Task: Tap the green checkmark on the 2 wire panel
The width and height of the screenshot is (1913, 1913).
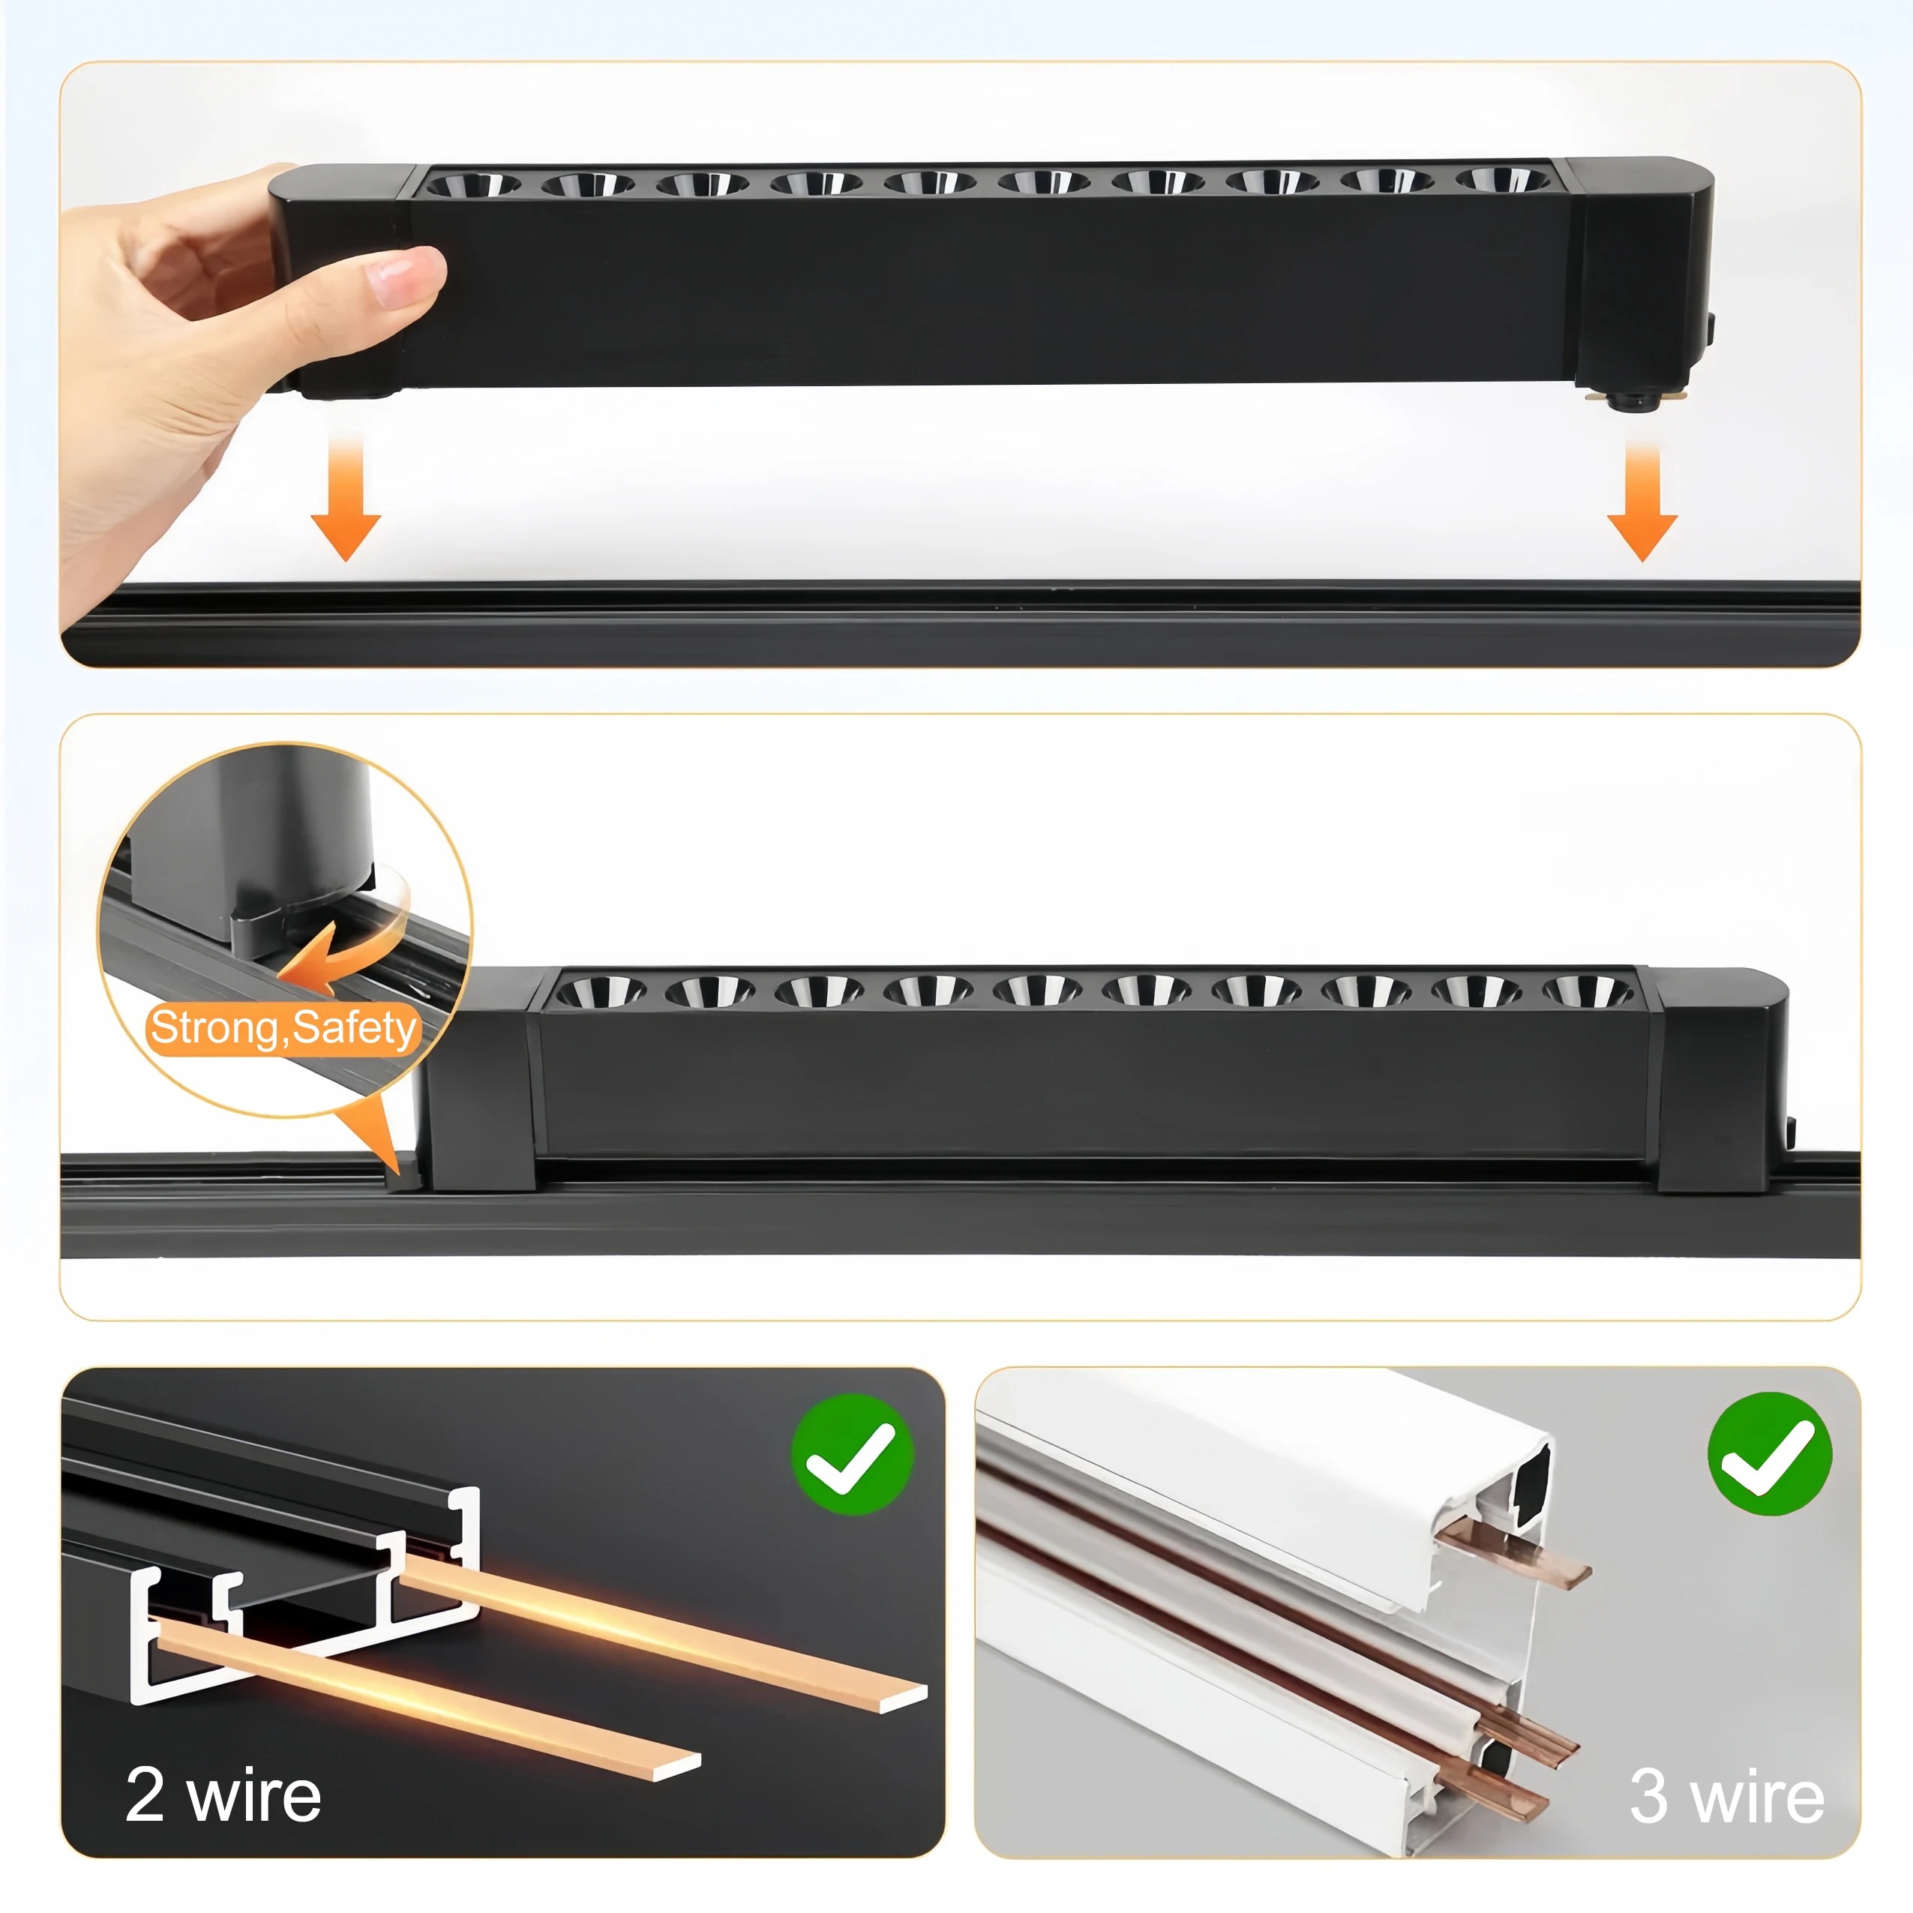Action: (852, 1455)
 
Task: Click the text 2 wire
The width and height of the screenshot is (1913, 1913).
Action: (223, 1795)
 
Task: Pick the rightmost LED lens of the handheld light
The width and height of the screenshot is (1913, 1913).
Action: (1502, 180)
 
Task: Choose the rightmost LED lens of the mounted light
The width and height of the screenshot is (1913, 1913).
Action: (1588, 990)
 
